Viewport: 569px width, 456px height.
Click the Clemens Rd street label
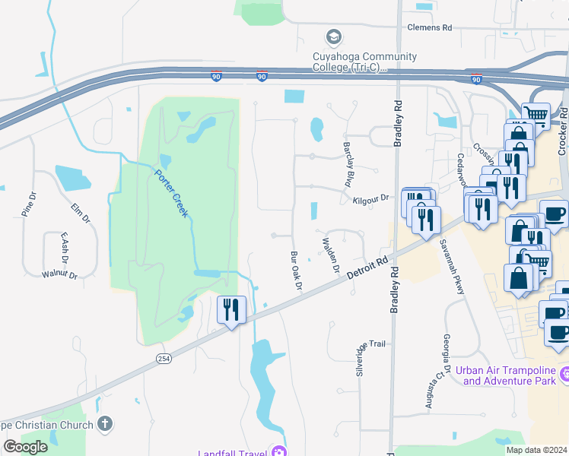[x=429, y=27]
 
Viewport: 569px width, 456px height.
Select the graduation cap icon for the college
[x=333, y=36]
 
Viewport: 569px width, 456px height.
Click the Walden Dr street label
[x=330, y=255]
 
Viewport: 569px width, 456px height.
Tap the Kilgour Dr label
[x=370, y=198]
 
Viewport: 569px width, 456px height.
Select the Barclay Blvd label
[x=349, y=164]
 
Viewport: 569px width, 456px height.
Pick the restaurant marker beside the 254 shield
[x=231, y=310]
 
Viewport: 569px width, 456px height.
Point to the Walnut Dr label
[x=59, y=274]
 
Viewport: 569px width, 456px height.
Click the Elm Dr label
[x=80, y=213]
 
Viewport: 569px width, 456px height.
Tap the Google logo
[x=24, y=447]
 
